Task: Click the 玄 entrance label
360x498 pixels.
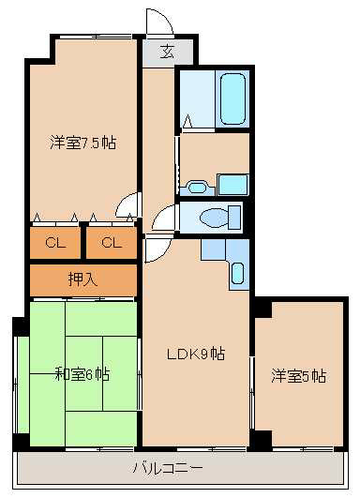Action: click(167, 52)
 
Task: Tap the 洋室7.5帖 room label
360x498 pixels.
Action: click(82, 143)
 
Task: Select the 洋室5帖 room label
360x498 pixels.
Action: click(298, 376)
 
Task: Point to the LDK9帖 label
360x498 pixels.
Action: click(196, 354)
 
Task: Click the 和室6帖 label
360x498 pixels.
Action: click(82, 374)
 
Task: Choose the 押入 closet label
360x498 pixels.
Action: click(82, 279)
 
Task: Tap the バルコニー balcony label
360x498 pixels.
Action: click(167, 468)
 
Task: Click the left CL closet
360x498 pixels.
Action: click(55, 243)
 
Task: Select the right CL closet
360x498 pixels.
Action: click(112, 243)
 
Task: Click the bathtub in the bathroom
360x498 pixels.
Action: click(232, 99)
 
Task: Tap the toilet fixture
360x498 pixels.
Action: click(220, 218)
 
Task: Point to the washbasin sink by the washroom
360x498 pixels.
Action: click(197, 188)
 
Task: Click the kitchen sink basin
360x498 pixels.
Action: click(237, 273)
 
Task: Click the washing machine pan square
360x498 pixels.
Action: click(233, 185)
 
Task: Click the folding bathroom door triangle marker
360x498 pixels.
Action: click(187, 121)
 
